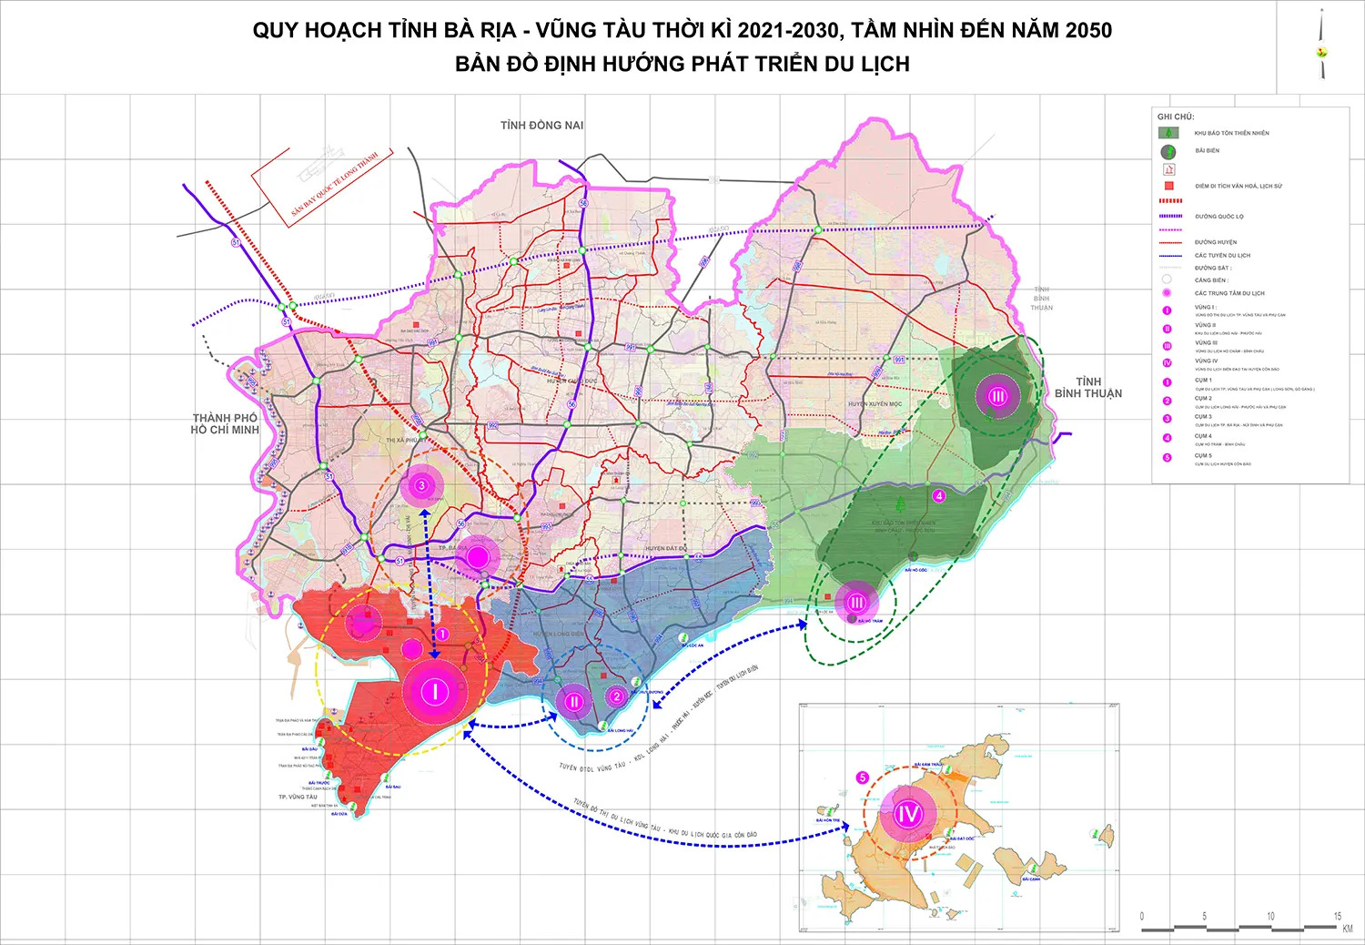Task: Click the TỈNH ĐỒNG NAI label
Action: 541,126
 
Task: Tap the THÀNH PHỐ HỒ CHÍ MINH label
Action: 225,424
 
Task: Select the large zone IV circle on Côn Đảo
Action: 908,814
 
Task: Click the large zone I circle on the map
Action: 435,692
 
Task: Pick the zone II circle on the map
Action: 574,702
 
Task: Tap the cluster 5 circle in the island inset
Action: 863,777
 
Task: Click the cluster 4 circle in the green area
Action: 939,496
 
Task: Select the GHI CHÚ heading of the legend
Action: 1175,117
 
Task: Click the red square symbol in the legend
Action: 1168,186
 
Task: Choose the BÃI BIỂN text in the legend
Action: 1208,151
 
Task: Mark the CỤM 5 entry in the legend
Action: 1203,455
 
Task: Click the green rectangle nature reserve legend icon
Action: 1168,133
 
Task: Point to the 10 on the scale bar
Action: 1270,916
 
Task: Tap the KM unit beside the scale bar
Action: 1347,929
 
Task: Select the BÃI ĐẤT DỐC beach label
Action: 962,838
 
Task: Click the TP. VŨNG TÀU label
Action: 298,798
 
